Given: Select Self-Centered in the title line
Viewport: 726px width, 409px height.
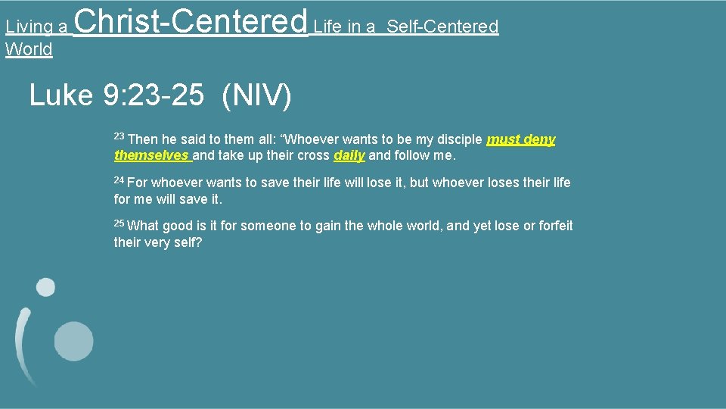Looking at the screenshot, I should pos(442,27).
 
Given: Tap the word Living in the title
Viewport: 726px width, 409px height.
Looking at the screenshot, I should pos(29,27).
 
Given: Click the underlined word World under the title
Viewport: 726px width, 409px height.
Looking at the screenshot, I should pos(29,50).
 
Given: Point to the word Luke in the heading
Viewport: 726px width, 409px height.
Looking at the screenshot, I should pos(61,95).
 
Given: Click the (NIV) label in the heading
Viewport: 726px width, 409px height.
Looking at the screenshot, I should pos(256,95).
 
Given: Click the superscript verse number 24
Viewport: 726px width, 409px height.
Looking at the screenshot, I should pos(119,180).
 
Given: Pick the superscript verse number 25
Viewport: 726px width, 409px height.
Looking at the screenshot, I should pos(119,223).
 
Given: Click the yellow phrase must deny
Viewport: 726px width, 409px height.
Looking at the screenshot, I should pos(521,139).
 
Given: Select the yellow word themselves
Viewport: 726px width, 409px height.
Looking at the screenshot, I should pos(151,155).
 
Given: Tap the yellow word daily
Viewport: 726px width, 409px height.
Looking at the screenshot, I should pos(349,155).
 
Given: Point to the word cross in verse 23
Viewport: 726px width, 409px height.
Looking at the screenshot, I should pos(313,155).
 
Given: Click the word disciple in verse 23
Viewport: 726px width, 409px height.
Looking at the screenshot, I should pos(458,139).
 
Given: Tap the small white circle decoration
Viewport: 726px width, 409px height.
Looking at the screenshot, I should pos(46,287).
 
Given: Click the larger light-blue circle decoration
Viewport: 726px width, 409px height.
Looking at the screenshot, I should pos(73,340).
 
